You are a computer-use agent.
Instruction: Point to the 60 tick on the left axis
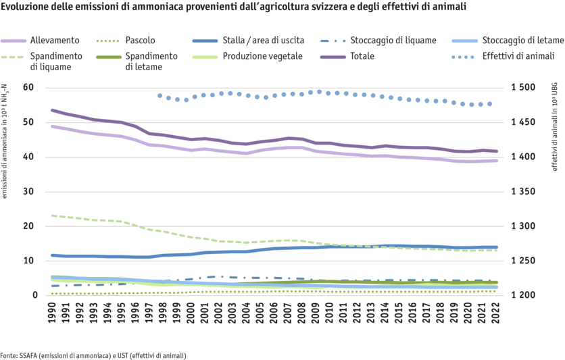[28, 87]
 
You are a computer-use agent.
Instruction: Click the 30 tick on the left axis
[28, 192]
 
